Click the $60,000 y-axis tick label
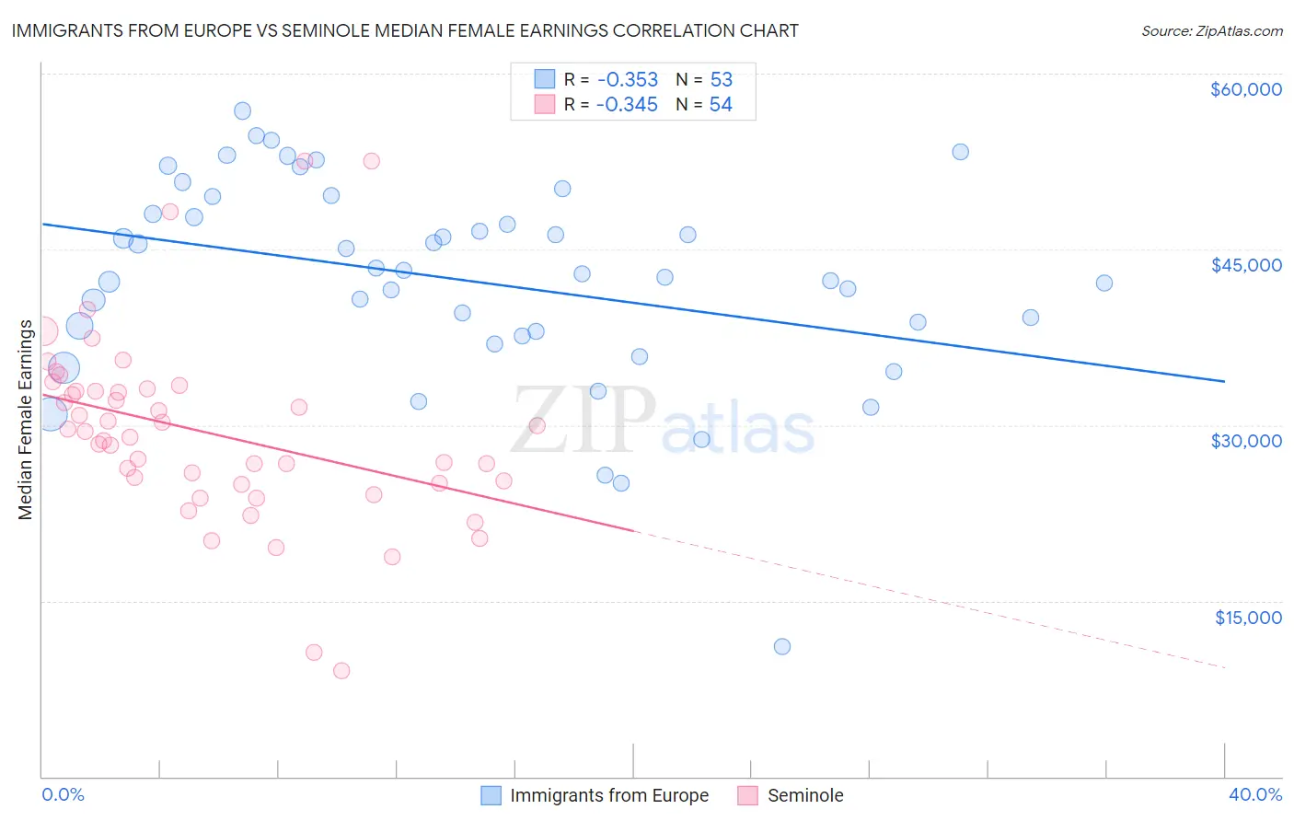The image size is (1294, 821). [x=1245, y=89]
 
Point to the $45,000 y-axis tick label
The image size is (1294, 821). [x=1245, y=265]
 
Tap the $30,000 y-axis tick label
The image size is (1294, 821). [x=1245, y=441]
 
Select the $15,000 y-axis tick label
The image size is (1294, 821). [x=1247, y=618]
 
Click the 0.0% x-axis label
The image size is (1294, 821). [x=63, y=794]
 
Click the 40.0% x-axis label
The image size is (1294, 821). [x=1254, y=794]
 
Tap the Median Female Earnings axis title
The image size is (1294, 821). [x=26, y=420]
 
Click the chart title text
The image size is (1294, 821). [x=405, y=30]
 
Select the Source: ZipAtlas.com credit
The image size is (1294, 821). [x=1211, y=30]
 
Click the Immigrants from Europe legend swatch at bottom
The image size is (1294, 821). [x=491, y=795]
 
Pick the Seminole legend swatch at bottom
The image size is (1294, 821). [x=747, y=795]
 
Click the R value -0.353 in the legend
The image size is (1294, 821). [x=627, y=79]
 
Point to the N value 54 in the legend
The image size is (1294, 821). [x=721, y=105]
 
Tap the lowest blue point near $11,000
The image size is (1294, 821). [x=782, y=646]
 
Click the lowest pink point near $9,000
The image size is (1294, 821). [x=341, y=670]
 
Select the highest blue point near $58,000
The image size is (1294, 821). [x=242, y=110]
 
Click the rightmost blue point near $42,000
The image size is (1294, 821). [x=1104, y=283]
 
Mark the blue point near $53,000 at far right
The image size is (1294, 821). [x=960, y=152]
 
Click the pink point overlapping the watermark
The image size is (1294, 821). [x=537, y=425]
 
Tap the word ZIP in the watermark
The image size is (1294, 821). [x=583, y=420]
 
